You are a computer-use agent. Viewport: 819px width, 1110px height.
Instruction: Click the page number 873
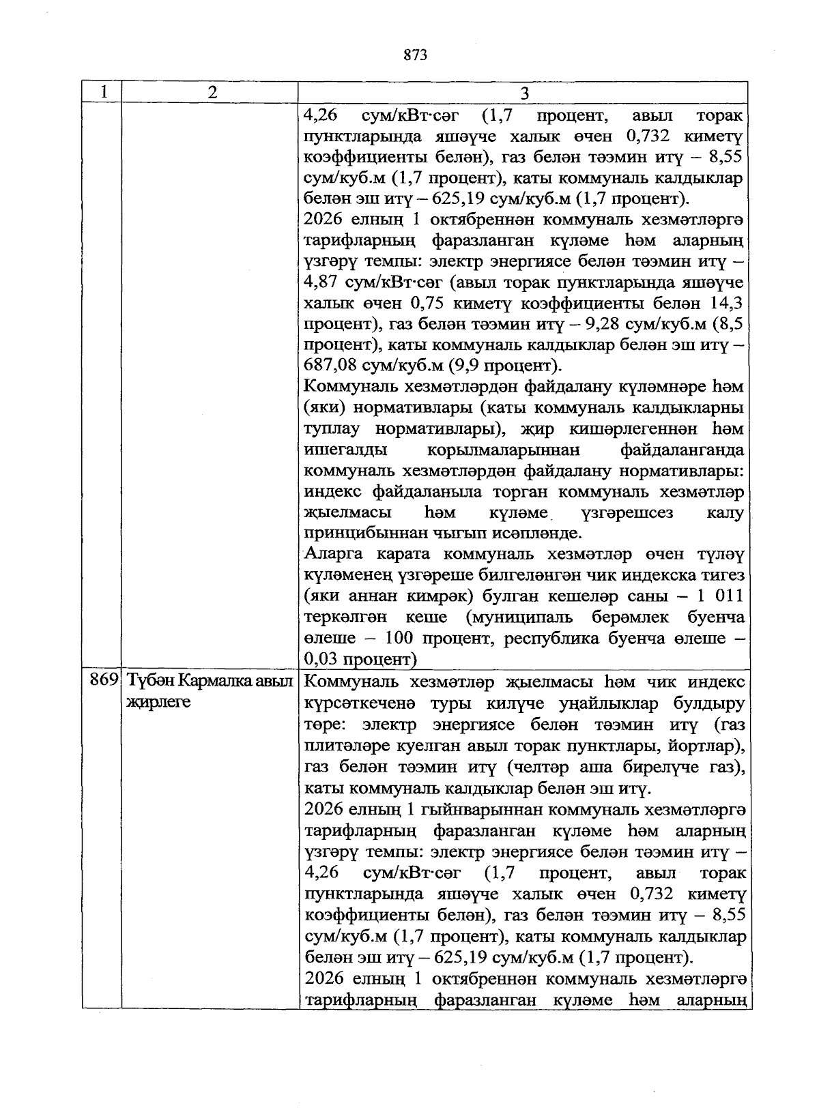[415, 55]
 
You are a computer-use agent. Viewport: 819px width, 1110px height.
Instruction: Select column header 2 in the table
[212, 92]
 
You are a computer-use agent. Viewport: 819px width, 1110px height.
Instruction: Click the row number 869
[104, 681]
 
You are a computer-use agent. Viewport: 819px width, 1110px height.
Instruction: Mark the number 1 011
[719, 596]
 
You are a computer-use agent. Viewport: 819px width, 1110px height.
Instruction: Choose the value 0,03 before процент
[320, 660]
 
